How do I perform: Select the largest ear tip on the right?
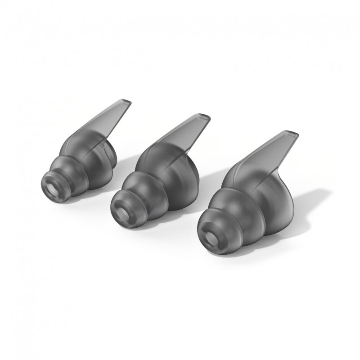tap(252, 202)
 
